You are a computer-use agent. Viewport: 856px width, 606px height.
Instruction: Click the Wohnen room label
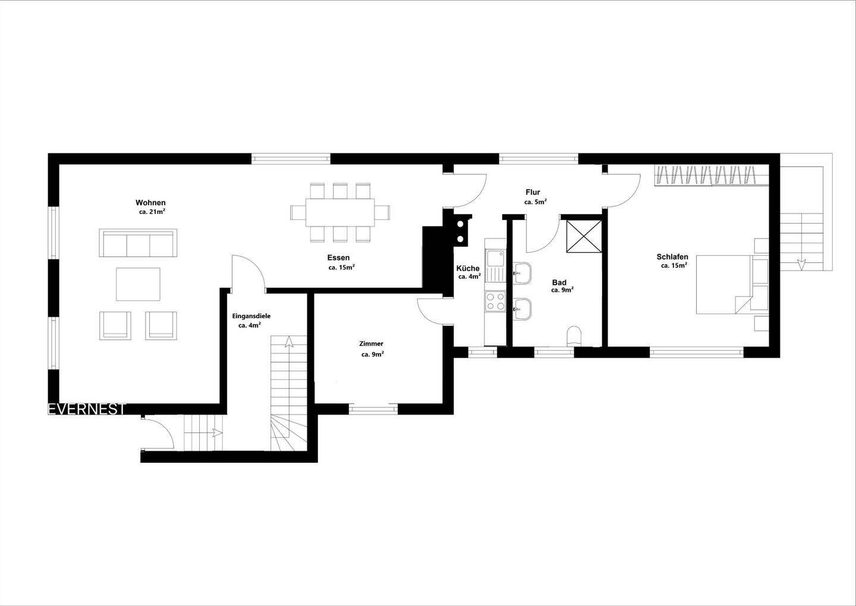pos(150,203)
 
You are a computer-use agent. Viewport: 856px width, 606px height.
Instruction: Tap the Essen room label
pos(338,258)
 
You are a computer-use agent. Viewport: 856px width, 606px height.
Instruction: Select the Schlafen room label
pos(672,257)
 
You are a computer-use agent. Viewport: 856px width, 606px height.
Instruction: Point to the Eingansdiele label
pos(251,316)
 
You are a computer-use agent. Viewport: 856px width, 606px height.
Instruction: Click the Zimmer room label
pos(371,344)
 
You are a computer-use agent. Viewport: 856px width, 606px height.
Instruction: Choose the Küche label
pos(468,268)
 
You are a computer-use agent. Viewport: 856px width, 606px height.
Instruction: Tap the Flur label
pos(533,192)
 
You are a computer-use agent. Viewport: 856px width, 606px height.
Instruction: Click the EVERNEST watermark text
pos(87,409)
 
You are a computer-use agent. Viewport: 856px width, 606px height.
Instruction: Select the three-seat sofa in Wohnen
pos(138,243)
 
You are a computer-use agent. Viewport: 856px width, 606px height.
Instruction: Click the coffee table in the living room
pos(138,284)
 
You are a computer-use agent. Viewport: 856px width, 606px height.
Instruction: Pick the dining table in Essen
pos(340,212)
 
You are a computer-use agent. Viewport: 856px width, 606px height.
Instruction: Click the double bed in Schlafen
pos(724,284)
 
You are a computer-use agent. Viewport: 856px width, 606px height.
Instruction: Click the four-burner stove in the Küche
pos(494,301)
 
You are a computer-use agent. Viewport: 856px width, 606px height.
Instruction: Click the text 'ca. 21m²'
pos(152,212)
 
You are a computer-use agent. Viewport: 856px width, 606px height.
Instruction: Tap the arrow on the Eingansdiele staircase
pos(289,341)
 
